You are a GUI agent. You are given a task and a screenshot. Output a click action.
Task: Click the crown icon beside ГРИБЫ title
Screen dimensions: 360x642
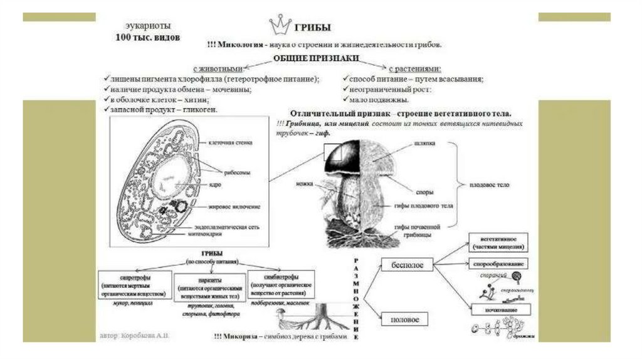pos(280,25)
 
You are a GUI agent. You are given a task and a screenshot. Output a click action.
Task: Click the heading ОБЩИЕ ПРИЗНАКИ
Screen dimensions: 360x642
pos(315,58)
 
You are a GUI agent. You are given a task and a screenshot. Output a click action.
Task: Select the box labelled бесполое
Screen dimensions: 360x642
pos(408,265)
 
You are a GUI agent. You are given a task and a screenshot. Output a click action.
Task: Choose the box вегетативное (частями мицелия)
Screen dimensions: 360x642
pos(498,242)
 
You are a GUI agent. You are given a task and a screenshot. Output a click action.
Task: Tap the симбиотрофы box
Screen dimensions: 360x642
pos(280,284)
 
